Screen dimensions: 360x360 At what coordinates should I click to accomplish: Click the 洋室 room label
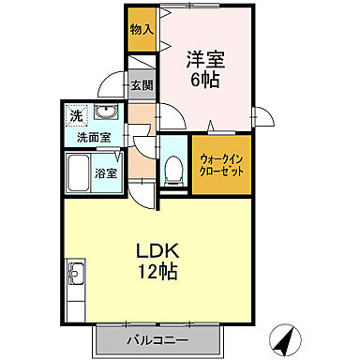point(204,58)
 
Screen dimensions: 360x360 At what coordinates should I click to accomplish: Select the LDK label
point(158,252)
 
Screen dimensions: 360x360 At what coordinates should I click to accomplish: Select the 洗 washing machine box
point(76,115)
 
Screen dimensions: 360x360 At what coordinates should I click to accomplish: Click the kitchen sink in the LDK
point(75,277)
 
